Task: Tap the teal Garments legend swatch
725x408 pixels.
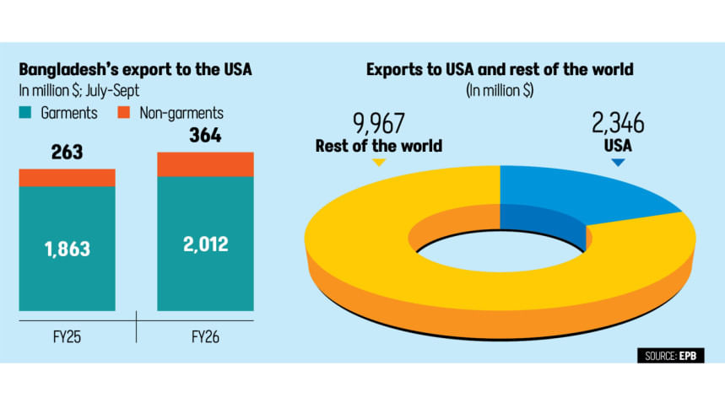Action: pyautogui.click(x=25, y=111)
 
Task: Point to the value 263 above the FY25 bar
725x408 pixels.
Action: pyautogui.click(x=67, y=154)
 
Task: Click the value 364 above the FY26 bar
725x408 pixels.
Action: pyautogui.click(x=206, y=135)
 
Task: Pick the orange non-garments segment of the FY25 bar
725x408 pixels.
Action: pyautogui.click(x=67, y=177)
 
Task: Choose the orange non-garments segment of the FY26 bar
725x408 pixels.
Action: pyautogui.click(x=206, y=164)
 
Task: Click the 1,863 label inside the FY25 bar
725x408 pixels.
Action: pyautogui.click(x=67, y=249)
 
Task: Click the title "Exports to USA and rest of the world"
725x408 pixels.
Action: pyautogui.click(x=500, y=69)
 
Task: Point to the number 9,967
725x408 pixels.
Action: pyautogui.click(x=379, y=125)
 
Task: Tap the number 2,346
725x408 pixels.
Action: pyautogui.click(x=619, y=125)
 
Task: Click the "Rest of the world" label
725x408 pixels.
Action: pyautogui.click(x=379, y=146)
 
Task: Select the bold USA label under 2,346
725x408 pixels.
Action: pyautogui.click(x=619, y=146)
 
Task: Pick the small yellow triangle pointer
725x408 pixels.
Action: pyautogui.click(x=378, y=161)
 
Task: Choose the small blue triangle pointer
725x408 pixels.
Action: pyautogui.click(x=619, y=161)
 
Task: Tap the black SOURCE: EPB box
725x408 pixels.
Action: pyautogui.click(x=670, y=356)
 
